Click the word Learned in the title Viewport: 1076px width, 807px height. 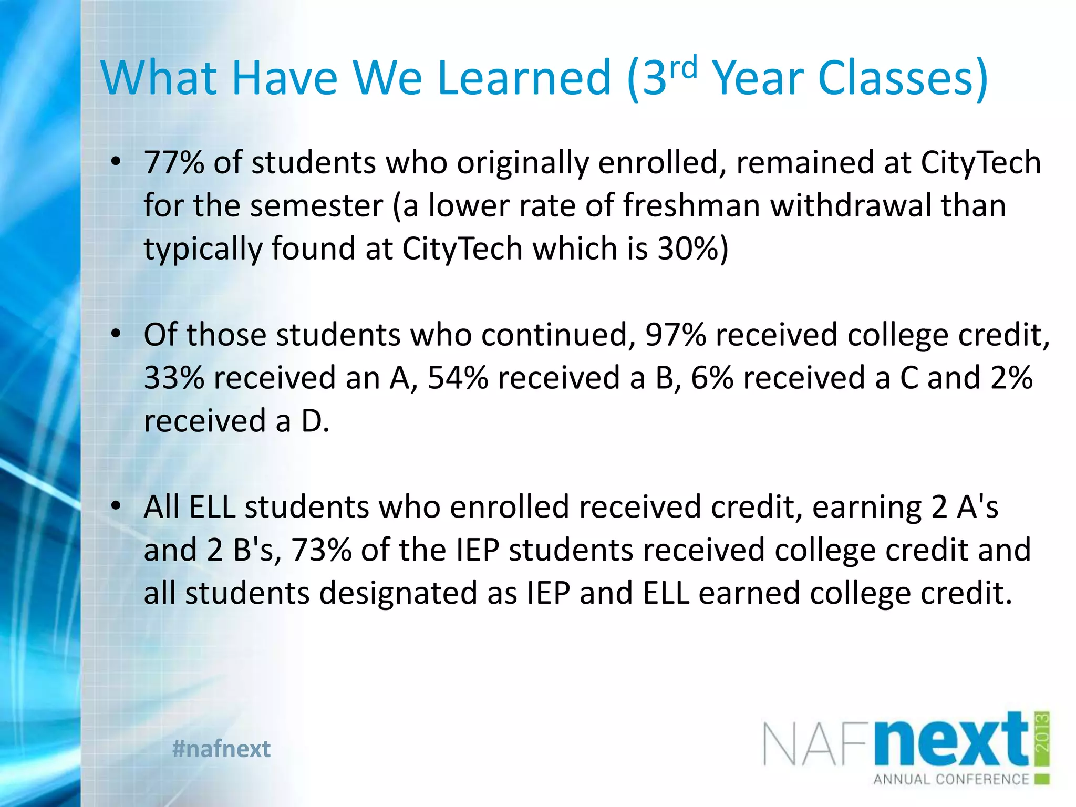coord(524,78)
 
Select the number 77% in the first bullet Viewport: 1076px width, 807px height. coord(174,162)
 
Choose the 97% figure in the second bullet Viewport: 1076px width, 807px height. coord(675,335)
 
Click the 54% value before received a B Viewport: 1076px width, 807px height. coord(458,378)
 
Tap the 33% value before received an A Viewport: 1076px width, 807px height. coord(174,378)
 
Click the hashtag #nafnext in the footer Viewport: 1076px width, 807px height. coord(221,749)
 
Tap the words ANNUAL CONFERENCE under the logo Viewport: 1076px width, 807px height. coord(951,779)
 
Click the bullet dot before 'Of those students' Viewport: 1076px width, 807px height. coord(116,334)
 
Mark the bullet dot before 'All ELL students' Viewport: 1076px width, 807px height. coord(116,506)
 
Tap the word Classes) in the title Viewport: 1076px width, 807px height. coord(903,78)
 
